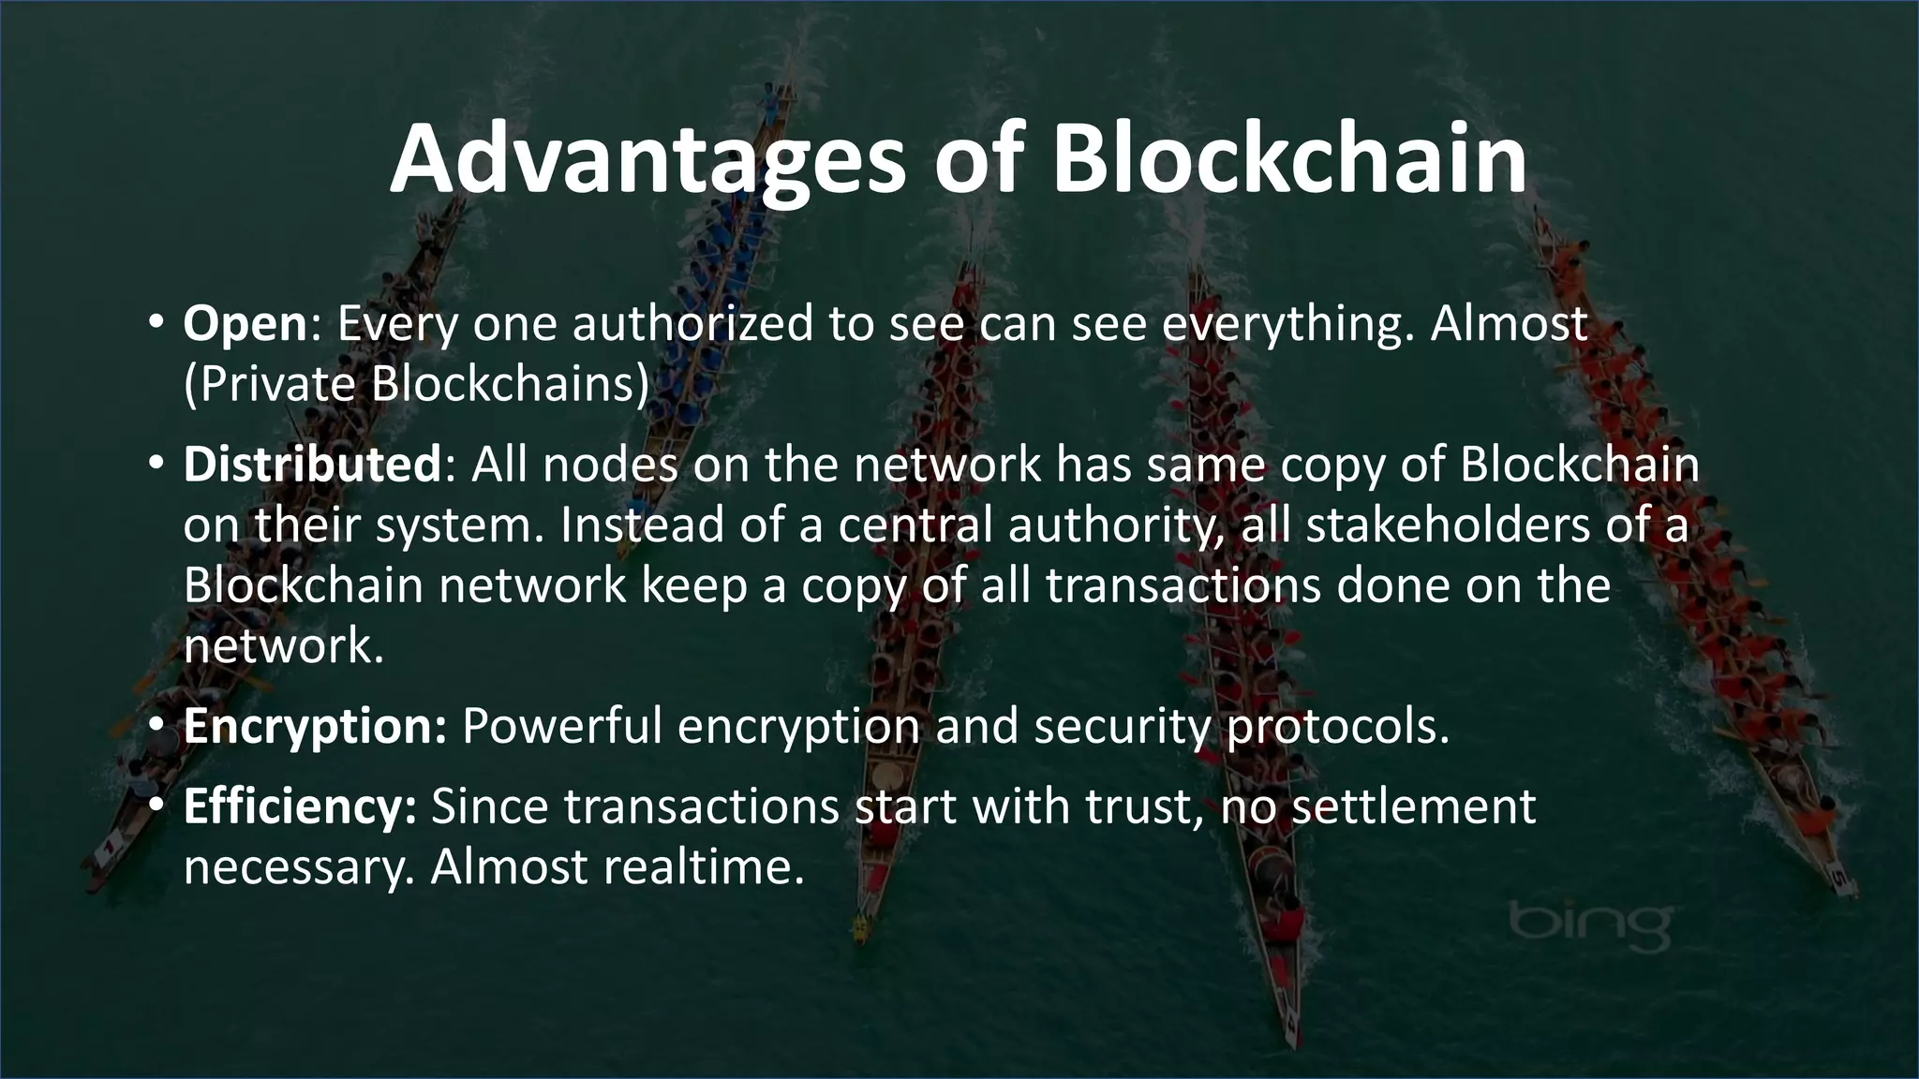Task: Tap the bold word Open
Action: [245, 325]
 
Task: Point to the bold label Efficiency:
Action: [300, 806]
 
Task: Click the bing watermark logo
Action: [1590, 925]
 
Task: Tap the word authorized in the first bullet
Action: [693, 324]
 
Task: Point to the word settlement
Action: [1413, 806]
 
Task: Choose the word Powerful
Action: [562, 727]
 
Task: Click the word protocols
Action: [1337, 727]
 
